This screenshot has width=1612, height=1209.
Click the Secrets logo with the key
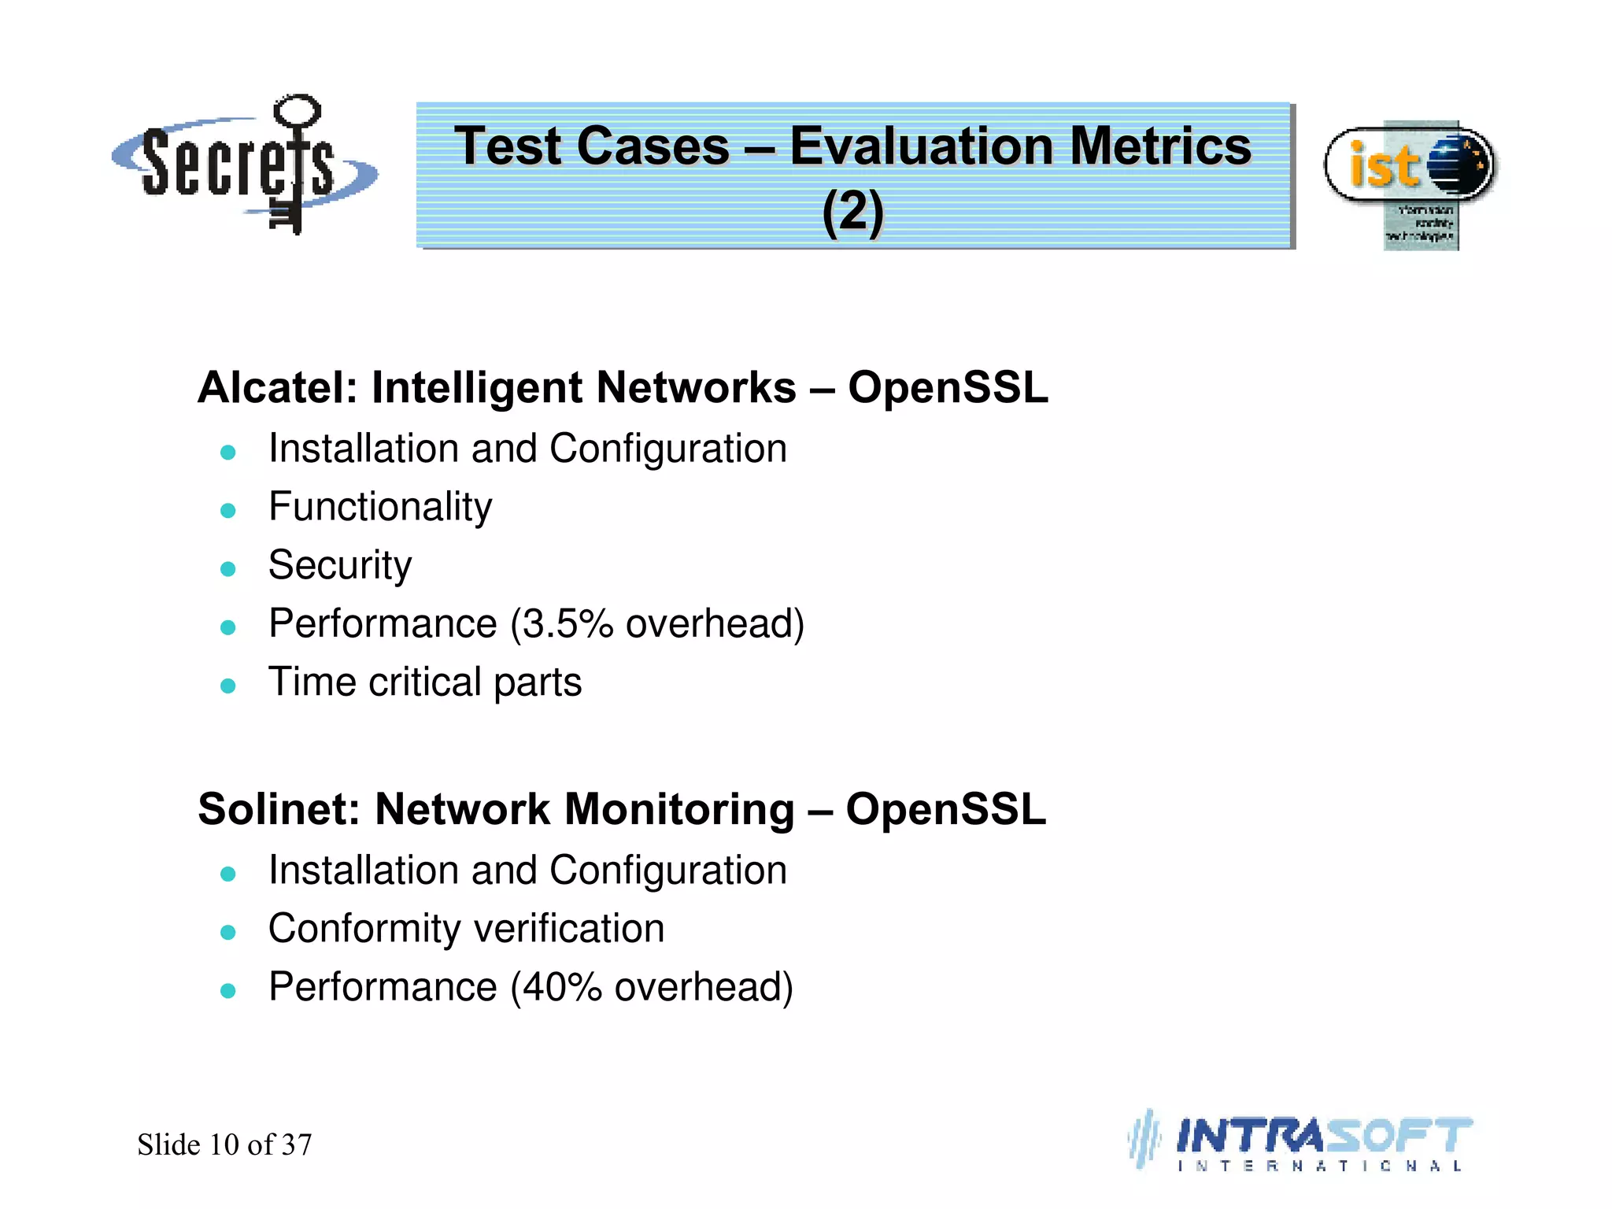tap(244, 165)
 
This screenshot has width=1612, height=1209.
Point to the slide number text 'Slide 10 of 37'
tap(224, 1144)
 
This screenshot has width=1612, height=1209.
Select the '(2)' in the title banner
tap(853, 211)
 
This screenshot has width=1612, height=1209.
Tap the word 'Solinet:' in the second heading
tap(279, 809)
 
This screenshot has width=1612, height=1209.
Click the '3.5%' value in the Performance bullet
tap(568, 624)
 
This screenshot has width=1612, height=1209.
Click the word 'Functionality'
tap(380, 507)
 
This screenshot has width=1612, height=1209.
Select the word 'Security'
tap(339, 565)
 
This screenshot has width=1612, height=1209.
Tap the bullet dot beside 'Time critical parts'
tap(228, 686)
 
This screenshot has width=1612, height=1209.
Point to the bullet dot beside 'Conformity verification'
tap(228, 933)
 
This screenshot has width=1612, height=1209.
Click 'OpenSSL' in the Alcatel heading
tap(948, 387)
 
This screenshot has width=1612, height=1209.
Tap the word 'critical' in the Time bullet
tap(425, 682)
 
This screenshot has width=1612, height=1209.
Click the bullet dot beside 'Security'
tap(228, 569)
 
